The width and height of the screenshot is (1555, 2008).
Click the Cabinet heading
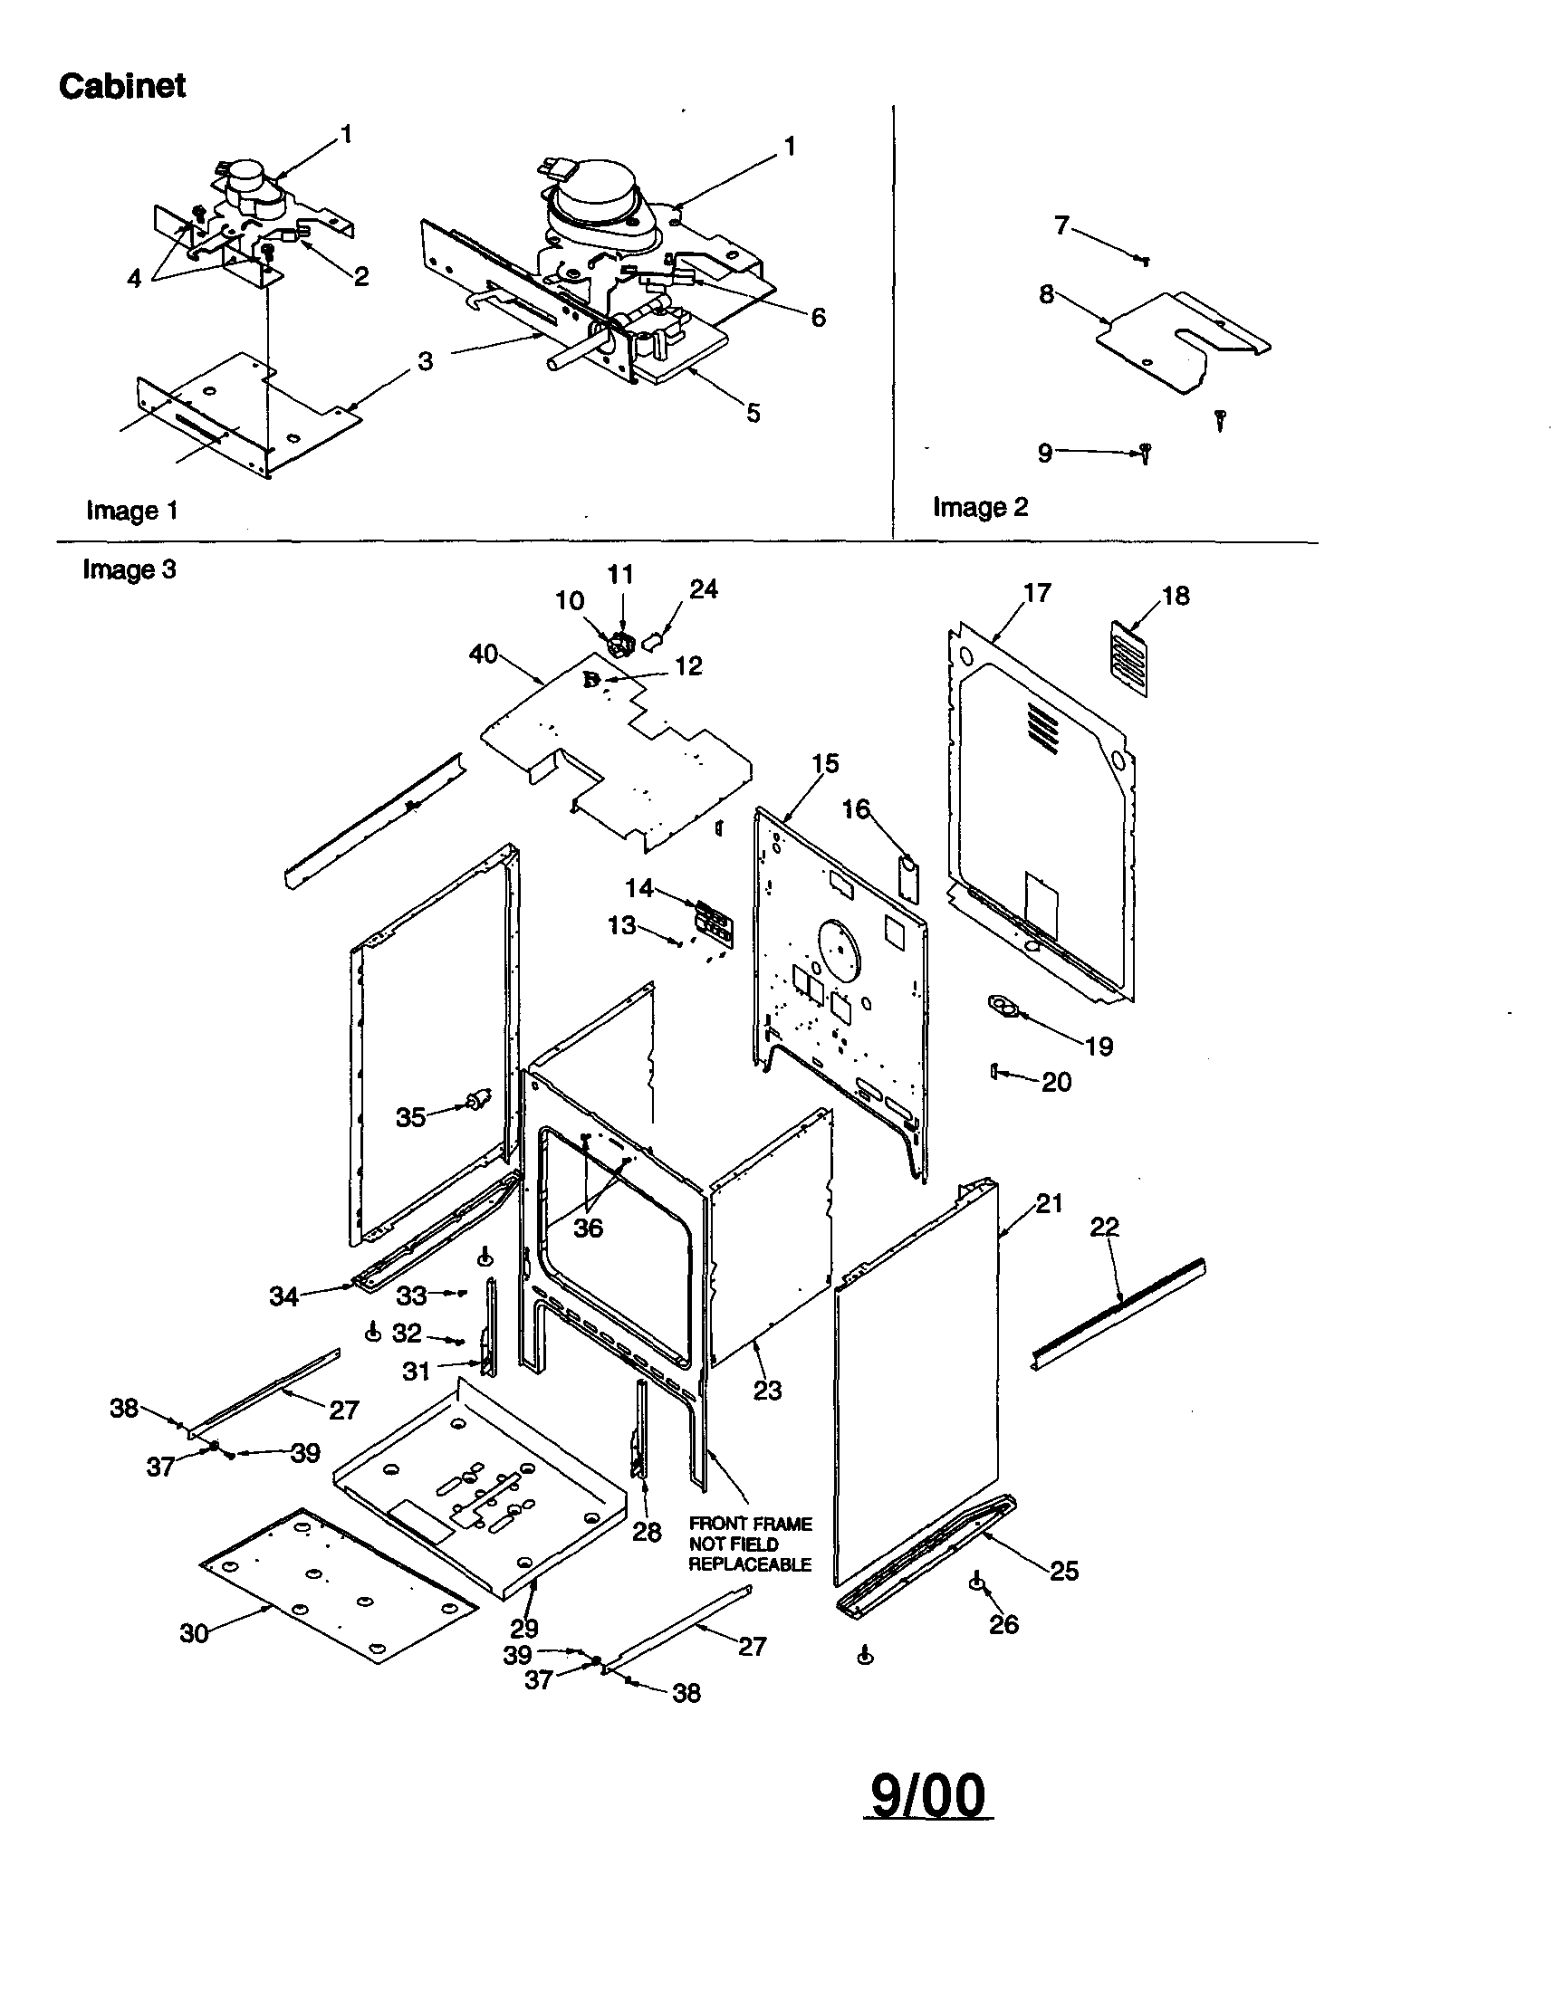coord(122,85)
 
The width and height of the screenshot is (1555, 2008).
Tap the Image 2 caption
coord(979,507)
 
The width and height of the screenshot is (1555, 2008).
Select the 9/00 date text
coord(928,1795)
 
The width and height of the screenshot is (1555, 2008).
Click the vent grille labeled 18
coord(1130,658)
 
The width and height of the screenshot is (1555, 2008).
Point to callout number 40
coord(483,654)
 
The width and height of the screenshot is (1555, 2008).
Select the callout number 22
coord(1104,1227)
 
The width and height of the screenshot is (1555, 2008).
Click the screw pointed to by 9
coord(1145,452)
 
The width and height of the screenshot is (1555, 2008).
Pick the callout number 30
coord(193,1633)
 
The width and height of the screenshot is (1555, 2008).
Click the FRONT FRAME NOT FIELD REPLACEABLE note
coord(750,1544)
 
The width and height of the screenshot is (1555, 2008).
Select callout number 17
coord(1036,593)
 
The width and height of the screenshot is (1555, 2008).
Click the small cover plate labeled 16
coord(908,877)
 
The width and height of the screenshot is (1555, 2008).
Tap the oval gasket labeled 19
coord(1003,1008)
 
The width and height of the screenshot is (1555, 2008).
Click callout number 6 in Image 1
coord(818,317)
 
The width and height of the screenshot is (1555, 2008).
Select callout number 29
coord(524,1629)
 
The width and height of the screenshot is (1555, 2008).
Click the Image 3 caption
coord(129,569)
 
